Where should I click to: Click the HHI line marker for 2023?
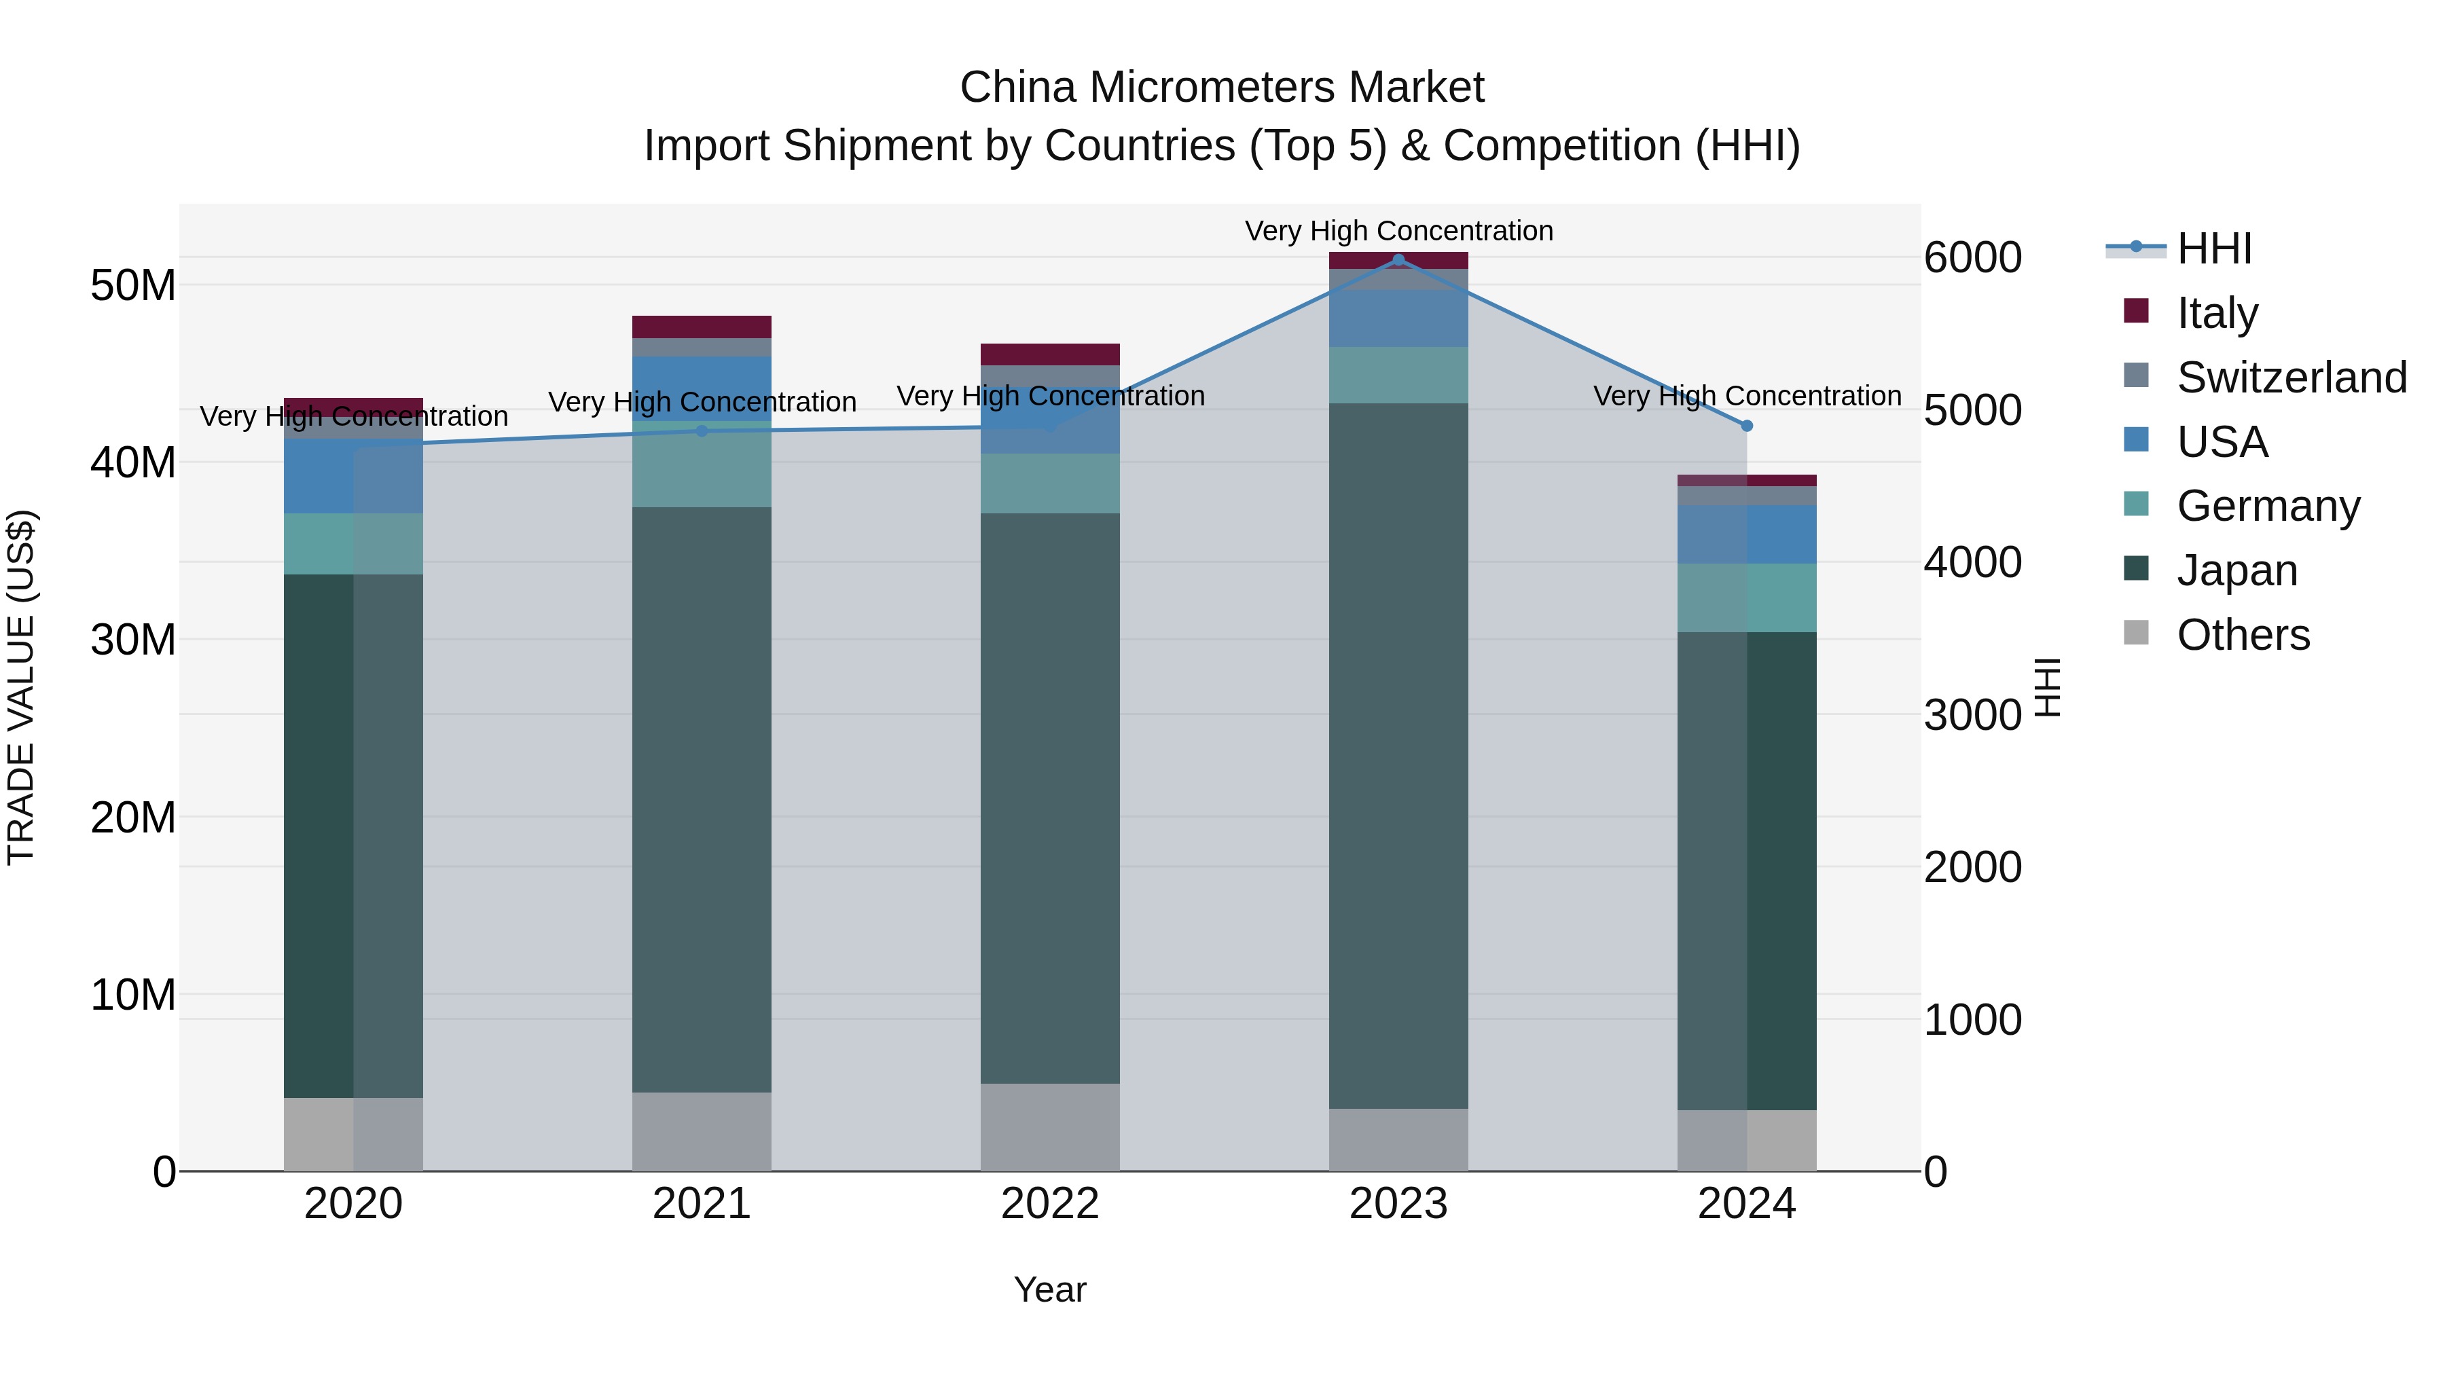(1398, 260)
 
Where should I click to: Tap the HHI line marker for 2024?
(1746, 426)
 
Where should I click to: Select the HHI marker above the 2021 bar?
(702, 430)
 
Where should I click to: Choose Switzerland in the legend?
(2292, 378)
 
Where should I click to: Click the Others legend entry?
(2243, 635)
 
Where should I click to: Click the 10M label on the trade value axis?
(133, 995)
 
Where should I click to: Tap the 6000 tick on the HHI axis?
(1972, 258)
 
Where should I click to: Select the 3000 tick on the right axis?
(1972, 716)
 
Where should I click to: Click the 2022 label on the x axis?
(1050, 1204)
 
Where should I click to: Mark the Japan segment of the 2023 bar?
(1398, 754)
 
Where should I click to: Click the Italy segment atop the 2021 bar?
(702, 327)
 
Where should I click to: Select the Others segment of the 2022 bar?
(1050, 1126)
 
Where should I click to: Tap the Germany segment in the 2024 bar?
(1746, 598)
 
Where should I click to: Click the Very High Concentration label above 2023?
(1398, 231)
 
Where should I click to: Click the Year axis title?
(1050, 1289)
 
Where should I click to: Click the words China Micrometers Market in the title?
(1222, 88)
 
